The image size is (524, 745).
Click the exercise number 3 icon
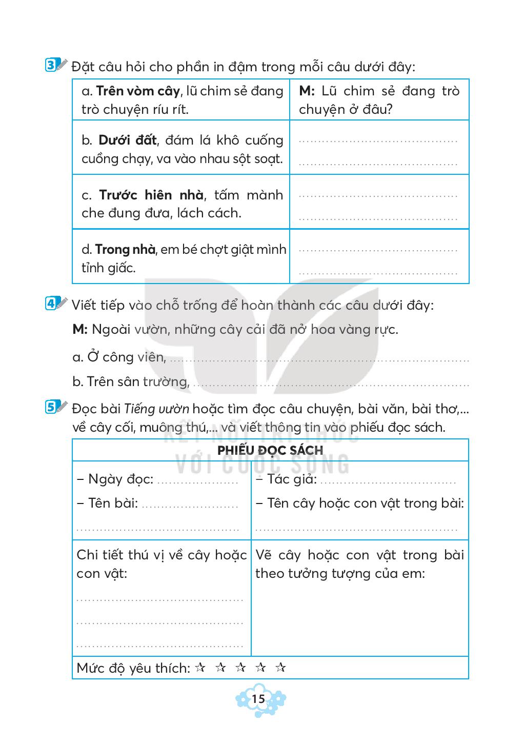(x=52, y=66)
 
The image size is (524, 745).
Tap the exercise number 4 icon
(x=52, y=304)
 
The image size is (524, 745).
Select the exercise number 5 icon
(x=52, y=408)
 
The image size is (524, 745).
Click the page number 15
(x=258, y=699)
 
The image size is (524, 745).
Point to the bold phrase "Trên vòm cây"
(x=138, y=91)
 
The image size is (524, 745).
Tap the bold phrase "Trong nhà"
(x=125, y=250)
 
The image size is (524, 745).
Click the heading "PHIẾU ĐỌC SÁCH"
(x=270, y=450)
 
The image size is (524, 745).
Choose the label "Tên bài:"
(x=113, y=503)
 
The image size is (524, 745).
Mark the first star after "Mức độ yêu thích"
(x=200, y=668)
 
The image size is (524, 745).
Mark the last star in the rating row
(x=280, y=668)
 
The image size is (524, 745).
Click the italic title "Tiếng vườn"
(x=157, y=409)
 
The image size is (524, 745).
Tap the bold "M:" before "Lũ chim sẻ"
(x=307, y=91)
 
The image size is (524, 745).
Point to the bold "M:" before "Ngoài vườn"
(x=80, y=329)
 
